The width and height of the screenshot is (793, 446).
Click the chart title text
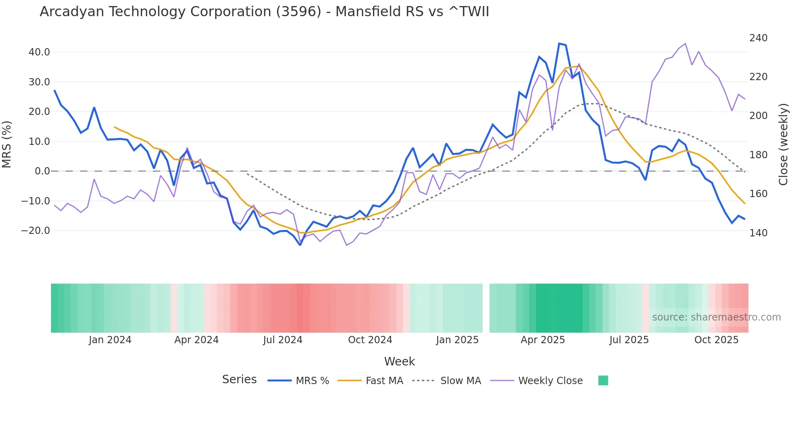(264, 12)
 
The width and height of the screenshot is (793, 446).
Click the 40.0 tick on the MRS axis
(39, 52)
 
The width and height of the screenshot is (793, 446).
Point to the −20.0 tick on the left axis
(36, 231)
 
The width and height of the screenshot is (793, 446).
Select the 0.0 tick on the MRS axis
(42, 171)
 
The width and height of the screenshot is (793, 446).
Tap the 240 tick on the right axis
(758, 38)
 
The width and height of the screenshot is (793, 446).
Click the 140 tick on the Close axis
(758, 233)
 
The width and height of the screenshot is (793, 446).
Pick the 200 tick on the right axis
(758, 116)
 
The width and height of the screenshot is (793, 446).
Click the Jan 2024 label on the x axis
(110, 340)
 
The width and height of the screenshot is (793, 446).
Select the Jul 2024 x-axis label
(283, 340)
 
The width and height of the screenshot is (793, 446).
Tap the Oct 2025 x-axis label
(716, 340)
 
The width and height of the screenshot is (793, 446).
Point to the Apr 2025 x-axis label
(543, 340)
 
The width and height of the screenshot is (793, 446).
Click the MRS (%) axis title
(7, 144)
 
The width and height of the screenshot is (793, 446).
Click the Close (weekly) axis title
(783, 144)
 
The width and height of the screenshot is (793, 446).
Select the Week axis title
(399, 361)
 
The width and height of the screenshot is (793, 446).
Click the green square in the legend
(603, 380)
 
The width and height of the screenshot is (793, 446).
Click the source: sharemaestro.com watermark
(716, 317)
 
